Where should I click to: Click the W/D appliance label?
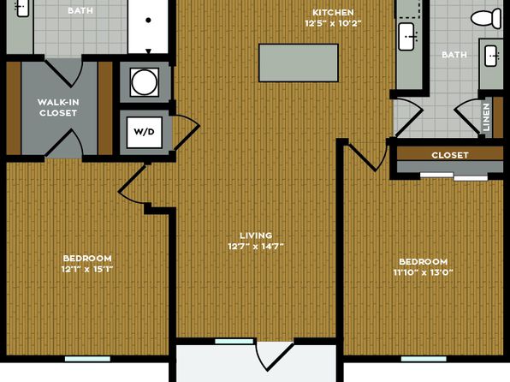pos(144,132)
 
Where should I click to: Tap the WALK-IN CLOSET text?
pos(58,107)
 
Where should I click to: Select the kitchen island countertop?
pos(299,63)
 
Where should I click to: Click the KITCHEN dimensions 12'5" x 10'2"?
pos(333,23)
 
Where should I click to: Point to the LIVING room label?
pos(256,236)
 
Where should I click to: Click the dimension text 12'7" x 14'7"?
pos(256,246)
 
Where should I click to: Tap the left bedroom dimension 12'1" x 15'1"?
pos(87,269)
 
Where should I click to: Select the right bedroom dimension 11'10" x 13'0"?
pos(424,272)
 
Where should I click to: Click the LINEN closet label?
pos(487,117)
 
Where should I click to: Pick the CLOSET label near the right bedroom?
pos(450,155)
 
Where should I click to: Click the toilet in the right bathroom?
pos(486,18)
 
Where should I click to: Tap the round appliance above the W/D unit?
pos(144,82)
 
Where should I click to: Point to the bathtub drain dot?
pos(148,21)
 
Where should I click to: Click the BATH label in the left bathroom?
pos(80,10)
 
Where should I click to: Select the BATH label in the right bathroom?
pos(454,54)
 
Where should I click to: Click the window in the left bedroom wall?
pos(87,359)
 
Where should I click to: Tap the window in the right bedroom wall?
pos(424,359)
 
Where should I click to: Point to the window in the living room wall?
pos(234,341)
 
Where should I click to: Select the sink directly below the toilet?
pos(491,56)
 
